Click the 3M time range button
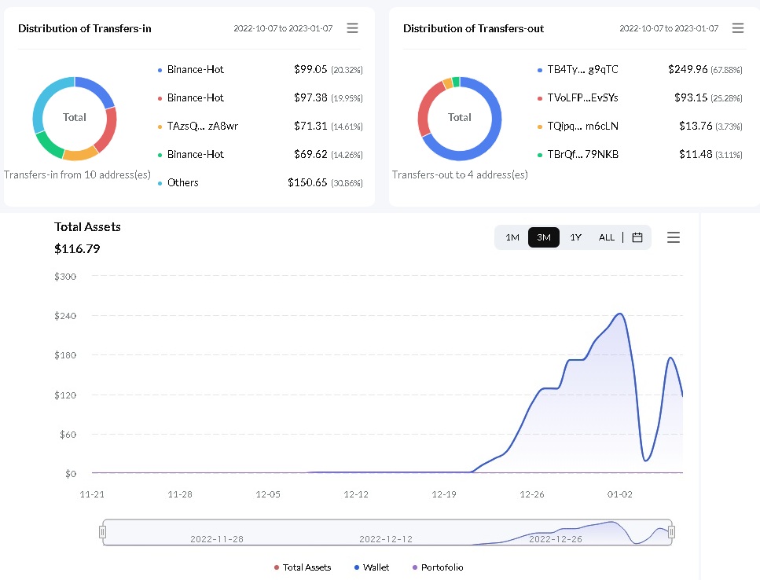point(543,237)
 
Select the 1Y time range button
point(575,237)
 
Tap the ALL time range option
point(607,237)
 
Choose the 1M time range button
point(512,237)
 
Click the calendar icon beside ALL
point(637,237)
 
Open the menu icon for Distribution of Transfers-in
point(352,28)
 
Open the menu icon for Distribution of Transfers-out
point(738,28)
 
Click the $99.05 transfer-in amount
point(310,69)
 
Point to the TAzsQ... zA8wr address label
point(203,126)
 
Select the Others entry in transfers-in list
point(182,182)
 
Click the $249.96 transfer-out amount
point(688,69)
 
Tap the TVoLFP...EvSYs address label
point(582,98)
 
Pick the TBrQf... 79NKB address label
point(582,155)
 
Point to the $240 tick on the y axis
point(65,316)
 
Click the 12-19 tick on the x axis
point(444,494)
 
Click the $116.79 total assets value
point(77,249)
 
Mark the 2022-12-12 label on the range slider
point(386,539)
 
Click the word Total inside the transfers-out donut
point(460,117)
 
